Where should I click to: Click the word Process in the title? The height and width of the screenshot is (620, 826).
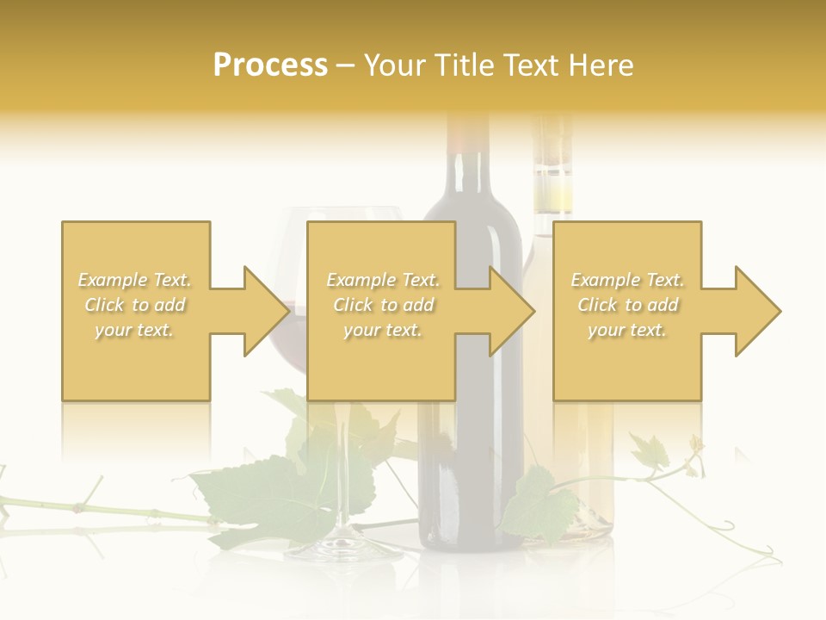[270, 65]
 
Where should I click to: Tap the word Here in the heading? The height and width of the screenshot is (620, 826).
[601, 65]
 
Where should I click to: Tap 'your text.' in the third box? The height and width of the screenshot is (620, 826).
[627, 330]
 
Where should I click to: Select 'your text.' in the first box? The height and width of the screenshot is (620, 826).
[134, 330]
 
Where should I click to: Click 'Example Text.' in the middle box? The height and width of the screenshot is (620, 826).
[383, 280]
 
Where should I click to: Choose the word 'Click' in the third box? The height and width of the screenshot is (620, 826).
[599, 305]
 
